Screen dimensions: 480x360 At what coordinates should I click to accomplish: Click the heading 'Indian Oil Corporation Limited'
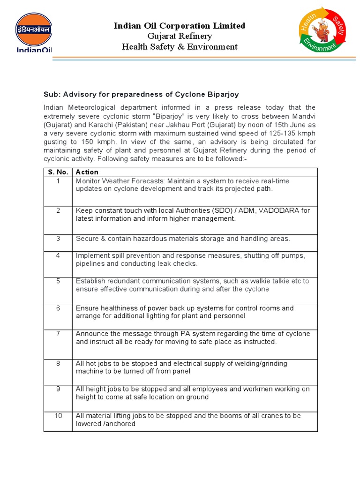[180, 25]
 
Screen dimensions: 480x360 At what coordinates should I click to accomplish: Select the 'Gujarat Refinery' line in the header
[180, 36]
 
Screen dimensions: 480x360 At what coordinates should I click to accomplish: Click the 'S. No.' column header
[58, 172]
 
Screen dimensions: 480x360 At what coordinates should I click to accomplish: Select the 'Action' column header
[87, 172]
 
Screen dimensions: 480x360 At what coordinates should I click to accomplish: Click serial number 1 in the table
[58, 181]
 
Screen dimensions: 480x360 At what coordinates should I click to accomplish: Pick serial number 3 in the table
[58, 238]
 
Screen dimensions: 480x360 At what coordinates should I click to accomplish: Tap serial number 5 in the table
[58, 281]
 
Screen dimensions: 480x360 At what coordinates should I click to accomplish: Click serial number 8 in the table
[58, 363]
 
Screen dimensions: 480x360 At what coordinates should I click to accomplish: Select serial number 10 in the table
[58, 416]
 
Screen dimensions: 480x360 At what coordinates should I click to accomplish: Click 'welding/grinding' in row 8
[260, 363]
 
